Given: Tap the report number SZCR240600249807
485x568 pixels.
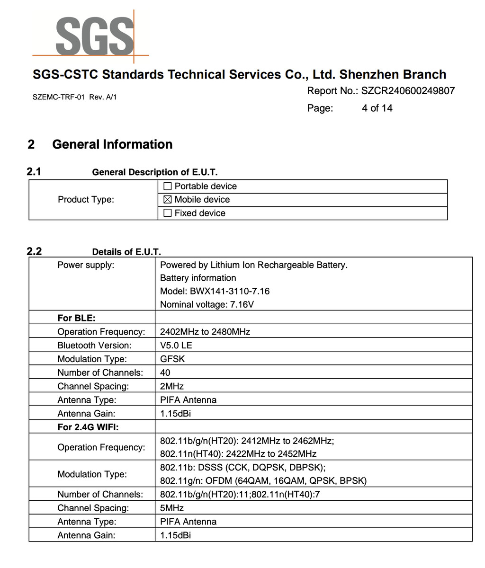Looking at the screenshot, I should pos(407,91).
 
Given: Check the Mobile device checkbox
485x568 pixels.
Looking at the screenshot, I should pos(167,200).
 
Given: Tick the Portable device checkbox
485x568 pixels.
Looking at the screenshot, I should pos(167,186).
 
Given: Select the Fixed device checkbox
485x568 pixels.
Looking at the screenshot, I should pos(167,213).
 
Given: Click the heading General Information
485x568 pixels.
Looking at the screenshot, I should pos(112,144).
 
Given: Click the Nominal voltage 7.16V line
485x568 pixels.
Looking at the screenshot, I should pos(207,304).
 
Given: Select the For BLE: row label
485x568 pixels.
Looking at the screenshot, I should pos(76,318).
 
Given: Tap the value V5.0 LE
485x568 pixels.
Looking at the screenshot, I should pos(176,346).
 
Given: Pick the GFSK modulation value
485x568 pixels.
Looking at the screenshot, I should pos(172,359).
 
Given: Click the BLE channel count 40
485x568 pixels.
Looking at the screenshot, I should pos(165,373).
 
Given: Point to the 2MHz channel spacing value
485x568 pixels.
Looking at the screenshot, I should pos(171,386).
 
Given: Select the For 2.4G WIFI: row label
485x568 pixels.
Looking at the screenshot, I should pos(88,427).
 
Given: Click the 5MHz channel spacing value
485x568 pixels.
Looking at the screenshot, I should pos(171,508).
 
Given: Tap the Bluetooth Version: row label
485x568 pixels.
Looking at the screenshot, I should pos(94,346).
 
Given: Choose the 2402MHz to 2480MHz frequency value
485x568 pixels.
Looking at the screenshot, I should pos(205,332).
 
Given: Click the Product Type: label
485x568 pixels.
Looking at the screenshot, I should pos(86,200).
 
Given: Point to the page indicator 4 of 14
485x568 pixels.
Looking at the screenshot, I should pos(377,108).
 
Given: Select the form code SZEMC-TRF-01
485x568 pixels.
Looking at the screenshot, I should pos(58,97).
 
